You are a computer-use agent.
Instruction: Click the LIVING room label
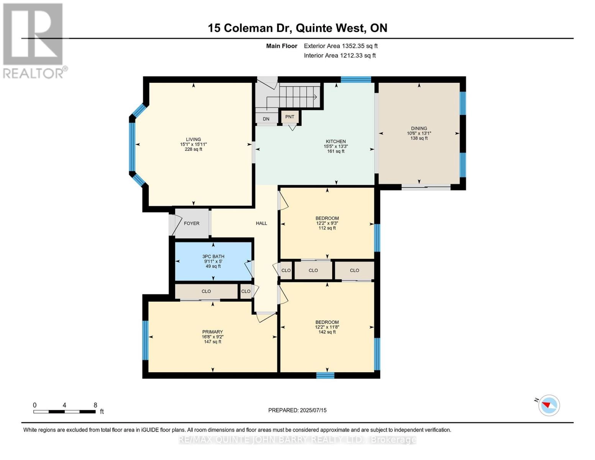tap(193, 140)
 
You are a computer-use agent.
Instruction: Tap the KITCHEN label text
tap(336, 141)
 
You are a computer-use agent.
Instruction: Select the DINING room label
tap(419, 128)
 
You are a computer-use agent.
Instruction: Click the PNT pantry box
tap(290, 117)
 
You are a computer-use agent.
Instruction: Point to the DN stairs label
tap(266, 119)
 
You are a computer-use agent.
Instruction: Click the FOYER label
tap(192, 223)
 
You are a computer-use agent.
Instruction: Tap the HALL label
tap(261, 223)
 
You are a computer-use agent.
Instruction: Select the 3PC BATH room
tap(213, 261)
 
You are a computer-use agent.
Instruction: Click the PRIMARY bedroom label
tap(213, 332)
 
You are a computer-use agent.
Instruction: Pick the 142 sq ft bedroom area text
tap(327, 332)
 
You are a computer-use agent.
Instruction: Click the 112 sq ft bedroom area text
tap(327, 228)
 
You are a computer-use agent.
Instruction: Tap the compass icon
tap(549, 405)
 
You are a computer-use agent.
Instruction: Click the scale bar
tap(64, 412)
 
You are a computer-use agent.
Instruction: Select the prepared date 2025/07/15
tap(297, 410)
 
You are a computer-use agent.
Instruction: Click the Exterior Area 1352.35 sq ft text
tap(341, 46)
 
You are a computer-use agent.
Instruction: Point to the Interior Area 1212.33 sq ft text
tap(339, 56)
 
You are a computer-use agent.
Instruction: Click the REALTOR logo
tap(34, 40)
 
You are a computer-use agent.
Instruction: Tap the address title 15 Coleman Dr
tap(297, 28)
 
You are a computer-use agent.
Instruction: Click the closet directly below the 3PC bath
tap(206, 291)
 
